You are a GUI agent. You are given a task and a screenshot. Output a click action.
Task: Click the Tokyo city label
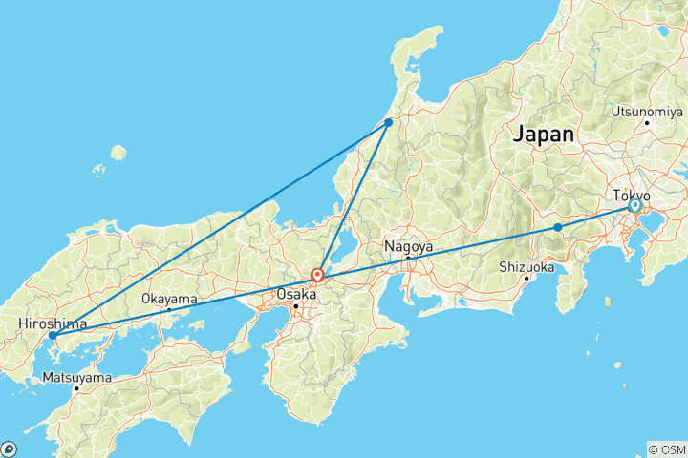632,195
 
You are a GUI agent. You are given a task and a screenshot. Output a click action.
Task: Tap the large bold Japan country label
544,135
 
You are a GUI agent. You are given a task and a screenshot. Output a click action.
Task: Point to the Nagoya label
409,246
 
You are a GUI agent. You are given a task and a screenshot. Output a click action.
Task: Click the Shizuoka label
526,267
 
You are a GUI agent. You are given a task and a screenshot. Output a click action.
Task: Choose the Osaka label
296,294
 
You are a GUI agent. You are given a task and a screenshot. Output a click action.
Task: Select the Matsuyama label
77,378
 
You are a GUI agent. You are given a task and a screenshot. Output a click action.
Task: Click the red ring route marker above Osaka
317,276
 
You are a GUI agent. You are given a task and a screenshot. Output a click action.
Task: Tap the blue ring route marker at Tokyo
634,206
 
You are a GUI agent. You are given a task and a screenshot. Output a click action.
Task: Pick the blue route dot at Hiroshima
53,336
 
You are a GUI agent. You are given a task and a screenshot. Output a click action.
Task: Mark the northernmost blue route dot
389,122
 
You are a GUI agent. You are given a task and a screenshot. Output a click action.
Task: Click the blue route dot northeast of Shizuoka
558,227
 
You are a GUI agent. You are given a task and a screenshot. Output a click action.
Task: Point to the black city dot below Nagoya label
408,258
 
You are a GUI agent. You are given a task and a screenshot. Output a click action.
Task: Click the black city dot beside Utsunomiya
647,122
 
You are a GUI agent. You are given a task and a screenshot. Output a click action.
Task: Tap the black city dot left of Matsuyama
76,388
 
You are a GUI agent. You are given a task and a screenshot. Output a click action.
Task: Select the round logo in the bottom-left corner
9,448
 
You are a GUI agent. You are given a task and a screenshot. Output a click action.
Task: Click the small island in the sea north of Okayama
118,153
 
